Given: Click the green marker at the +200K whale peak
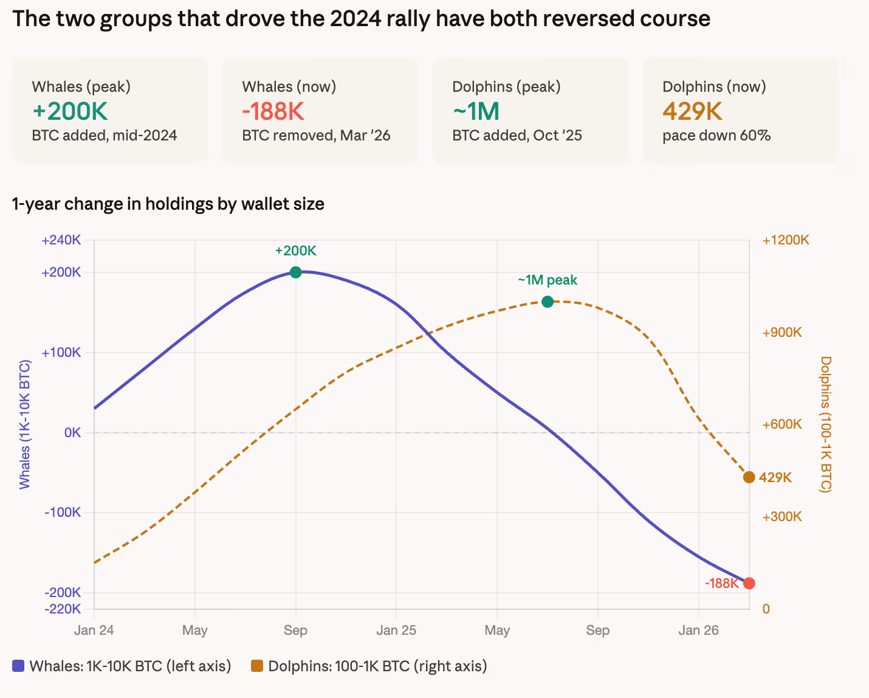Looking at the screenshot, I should click(x=295, y=272).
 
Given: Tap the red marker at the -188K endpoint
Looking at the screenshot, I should click(x=749, y=583).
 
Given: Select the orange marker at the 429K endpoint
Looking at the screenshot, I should click(x=749, y=477).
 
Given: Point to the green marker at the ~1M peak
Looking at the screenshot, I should click(x=547, y=302).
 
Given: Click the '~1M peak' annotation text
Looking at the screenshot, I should click(x=547, y=280).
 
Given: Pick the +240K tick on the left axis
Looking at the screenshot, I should click(x=61, y=240).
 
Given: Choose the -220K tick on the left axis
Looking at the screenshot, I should click(x=62, y=609).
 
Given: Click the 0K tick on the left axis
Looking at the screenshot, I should click(x=72, y=432).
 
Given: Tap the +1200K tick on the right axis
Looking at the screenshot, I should click(x=786, y=240).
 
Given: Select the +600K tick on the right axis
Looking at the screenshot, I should click(x=782, y=424).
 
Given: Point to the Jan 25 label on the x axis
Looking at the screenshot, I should click(x=396, y=631).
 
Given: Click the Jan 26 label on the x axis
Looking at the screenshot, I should click(x=698, y=631).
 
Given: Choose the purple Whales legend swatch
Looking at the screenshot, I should click(x=18, y=666).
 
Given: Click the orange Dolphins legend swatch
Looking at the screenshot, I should click(x=257, y=666).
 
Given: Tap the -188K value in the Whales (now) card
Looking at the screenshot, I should click(x=273, y=111).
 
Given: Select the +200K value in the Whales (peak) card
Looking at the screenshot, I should click(x=70, y=111).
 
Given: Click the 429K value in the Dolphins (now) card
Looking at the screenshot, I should click(x=692, y=111).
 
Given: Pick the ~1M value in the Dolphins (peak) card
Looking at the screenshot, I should click(x=476, y=111).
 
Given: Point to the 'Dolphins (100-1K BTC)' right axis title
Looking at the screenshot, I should click(x=825, y=424).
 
